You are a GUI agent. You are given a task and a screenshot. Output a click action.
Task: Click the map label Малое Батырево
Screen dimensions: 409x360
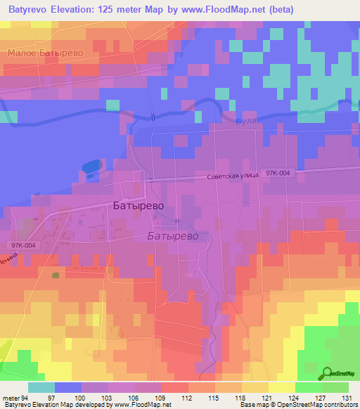click(x=46, y=53)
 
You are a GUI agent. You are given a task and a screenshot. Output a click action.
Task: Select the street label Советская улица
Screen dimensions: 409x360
click(x=233, y=178)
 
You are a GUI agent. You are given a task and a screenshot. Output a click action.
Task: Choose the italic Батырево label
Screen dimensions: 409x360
click(x=178, y=237)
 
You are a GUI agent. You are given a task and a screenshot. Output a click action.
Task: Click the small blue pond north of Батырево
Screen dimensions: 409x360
click(x=91, y=167)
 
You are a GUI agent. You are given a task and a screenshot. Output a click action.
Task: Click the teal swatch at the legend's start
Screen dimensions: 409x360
click(x=41, y=387)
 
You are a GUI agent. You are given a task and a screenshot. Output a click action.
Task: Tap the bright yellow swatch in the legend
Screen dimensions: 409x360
click(x=281, y=387)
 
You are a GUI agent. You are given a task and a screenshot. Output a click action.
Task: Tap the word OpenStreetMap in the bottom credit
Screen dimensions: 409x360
click(x=309, y=405)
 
